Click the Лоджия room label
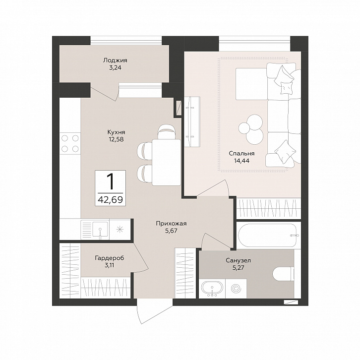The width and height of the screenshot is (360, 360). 115,60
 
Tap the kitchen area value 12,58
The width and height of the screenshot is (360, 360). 116,139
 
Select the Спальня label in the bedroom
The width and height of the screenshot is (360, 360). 241,153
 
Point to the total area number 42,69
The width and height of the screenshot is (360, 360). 111,199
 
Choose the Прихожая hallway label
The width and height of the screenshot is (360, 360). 171,223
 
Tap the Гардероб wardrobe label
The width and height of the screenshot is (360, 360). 109,258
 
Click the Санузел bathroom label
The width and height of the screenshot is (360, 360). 238,260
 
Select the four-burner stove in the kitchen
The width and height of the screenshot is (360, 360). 70,144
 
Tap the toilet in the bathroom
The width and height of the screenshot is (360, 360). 284,274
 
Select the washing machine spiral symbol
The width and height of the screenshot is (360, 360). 236,289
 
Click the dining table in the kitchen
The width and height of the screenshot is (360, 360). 167,162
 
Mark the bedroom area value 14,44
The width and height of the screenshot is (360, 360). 241,161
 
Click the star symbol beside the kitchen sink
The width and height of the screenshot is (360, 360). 120,229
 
